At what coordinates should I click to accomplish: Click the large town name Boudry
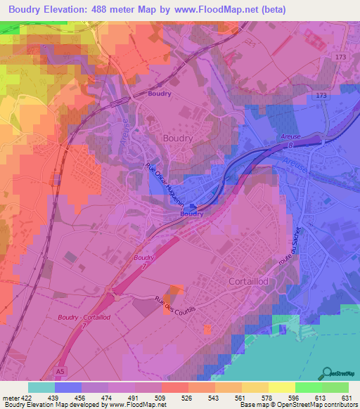pos(177,138)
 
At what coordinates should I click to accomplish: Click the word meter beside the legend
pos(8,397)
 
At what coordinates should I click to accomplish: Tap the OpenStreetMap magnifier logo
pos(328,372)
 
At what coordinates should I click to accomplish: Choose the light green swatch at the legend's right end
pos(335,387)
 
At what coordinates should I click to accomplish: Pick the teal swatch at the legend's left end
pos(41,387)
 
